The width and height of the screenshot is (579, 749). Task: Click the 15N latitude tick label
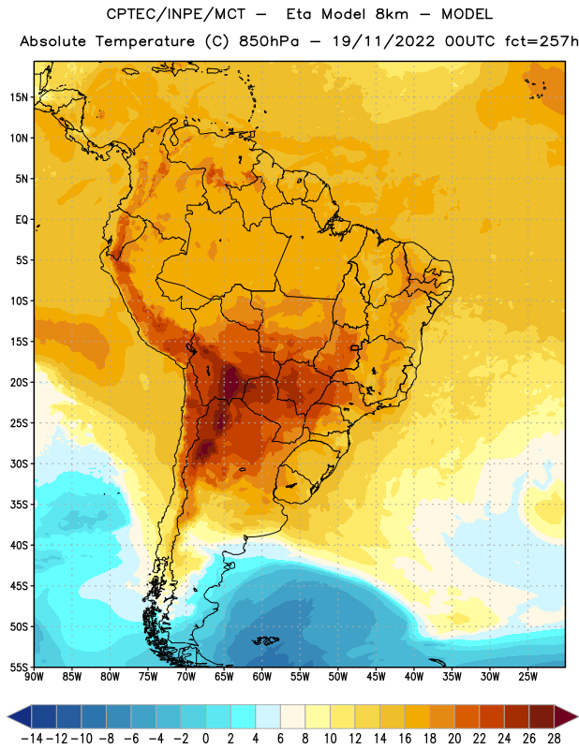(19, 97)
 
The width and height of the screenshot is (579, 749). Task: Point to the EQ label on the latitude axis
(22, 220)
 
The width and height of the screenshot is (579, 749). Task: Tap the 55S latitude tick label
(19, 667)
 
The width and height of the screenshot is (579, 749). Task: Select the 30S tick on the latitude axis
(19, 463)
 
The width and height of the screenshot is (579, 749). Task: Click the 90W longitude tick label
(34, 677)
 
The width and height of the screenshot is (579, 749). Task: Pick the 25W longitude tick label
(527, 677)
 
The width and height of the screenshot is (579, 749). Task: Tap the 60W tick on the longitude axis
(262, 677)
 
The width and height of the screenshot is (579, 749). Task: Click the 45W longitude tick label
(377, 677)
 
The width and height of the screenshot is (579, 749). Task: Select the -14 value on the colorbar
(32, 739)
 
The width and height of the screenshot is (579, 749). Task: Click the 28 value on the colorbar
(554, 739)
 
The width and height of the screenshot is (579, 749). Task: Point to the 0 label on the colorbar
(206, 739)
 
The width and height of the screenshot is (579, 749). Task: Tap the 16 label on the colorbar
(405, 739)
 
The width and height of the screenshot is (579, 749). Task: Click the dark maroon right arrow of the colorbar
(565, 716)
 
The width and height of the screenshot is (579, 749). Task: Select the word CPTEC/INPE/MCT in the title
(175, 14)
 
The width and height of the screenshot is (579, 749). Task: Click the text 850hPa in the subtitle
(269, 41)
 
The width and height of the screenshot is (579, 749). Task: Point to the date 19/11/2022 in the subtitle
(383, 41)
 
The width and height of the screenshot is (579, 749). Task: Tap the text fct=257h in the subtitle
(542, 41)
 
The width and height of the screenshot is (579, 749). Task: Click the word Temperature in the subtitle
(145, 42)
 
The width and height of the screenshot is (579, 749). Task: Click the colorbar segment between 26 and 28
(542, 716)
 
